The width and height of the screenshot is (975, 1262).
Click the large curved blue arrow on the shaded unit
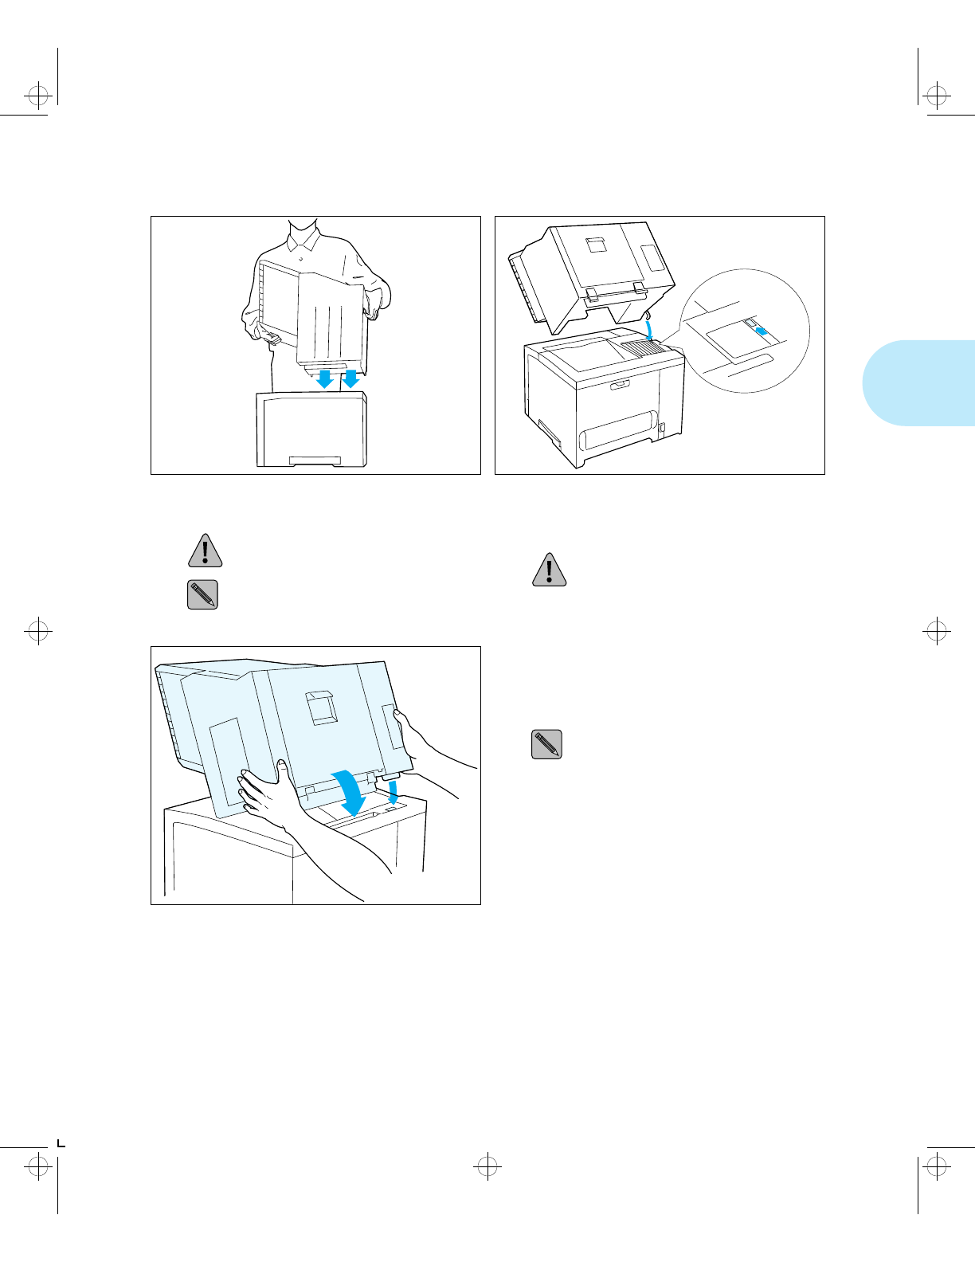pos(348,793)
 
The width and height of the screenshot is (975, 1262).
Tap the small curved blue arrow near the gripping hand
pos(393,791)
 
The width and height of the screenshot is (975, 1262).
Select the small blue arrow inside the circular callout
pos(762,331)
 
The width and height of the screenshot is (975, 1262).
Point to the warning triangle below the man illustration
pos(205,551)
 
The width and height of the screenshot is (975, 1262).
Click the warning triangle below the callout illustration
pos(549,570)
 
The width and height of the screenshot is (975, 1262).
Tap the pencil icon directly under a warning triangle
pos(202,594)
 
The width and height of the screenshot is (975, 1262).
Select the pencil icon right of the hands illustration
pos(546,744)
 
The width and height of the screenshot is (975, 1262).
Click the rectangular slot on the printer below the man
pos(315,461)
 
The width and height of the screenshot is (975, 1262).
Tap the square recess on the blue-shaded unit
pos(323,706)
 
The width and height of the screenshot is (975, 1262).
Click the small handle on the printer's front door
pos(619,386)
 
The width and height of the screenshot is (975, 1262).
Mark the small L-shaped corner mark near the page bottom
pos(61,1144)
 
